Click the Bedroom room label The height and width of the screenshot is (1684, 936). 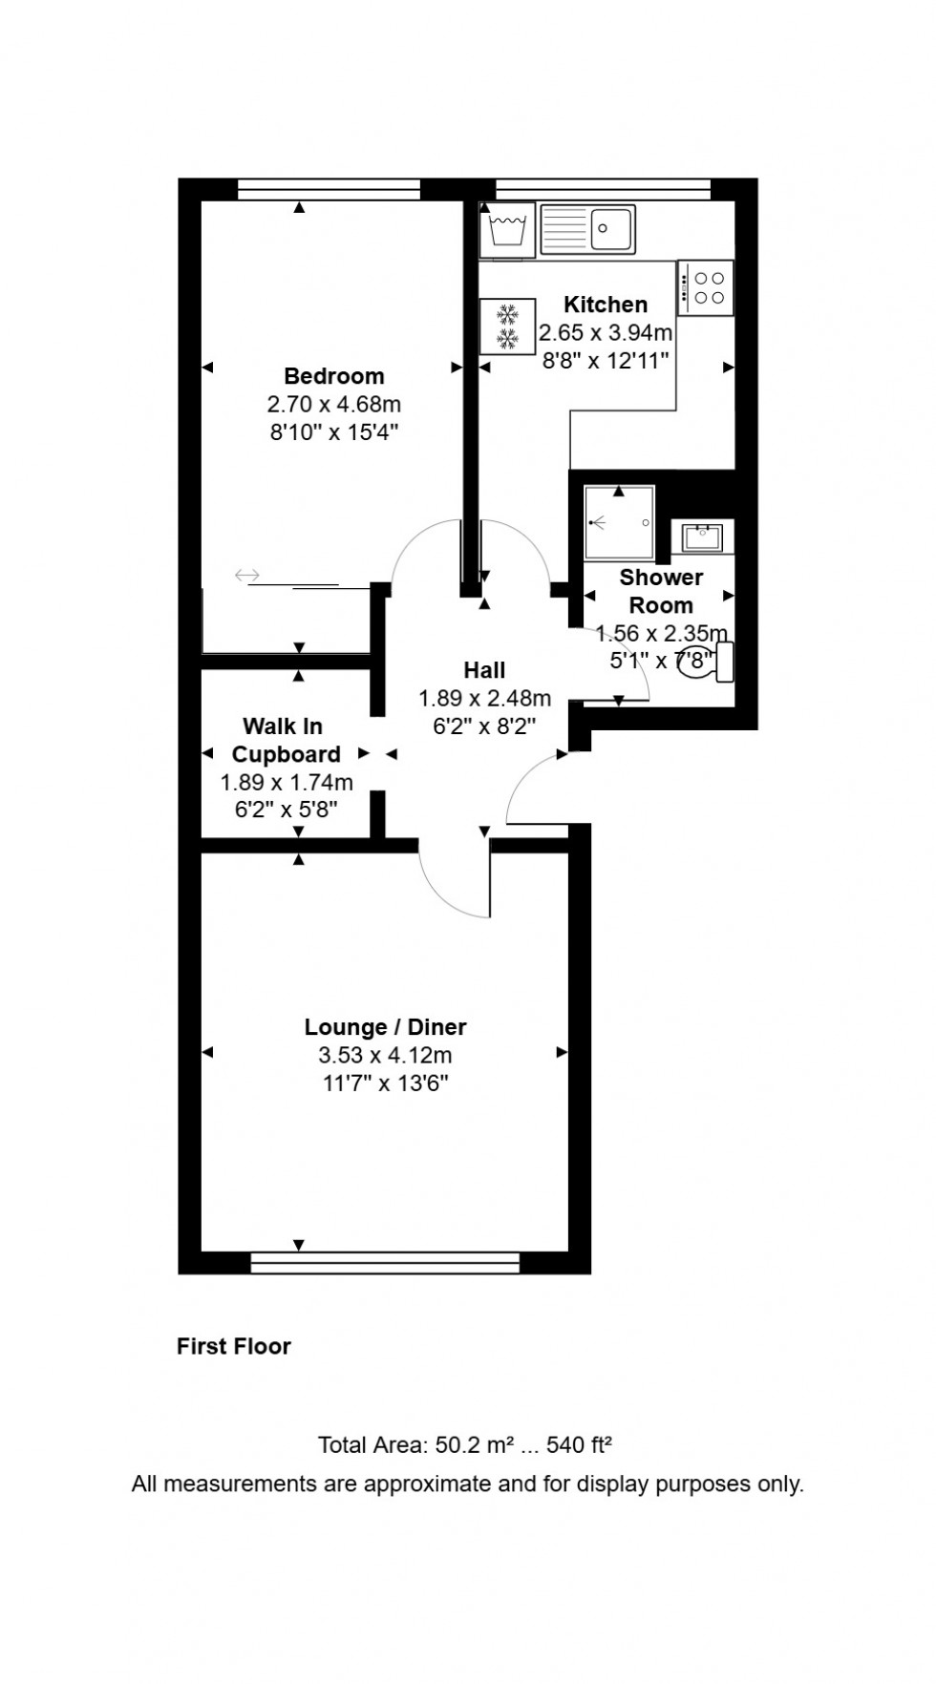pyautogui.click(x=333, y=376)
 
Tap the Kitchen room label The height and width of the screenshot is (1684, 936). pyautogui.click(x=606, y=305)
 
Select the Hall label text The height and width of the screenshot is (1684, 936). pyautogui.click(x=484, y=670)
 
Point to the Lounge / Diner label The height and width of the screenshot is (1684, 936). pyautogui.click(x=385, y=1027)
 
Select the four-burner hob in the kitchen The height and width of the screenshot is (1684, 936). pyautogui.click(x=707, y=287)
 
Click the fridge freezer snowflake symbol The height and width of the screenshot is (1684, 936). pyautogui.click(x=507, y=326)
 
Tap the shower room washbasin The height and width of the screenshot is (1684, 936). pyautogui.click(x=702, y=537)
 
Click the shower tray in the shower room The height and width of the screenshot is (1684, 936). pyautogui.click(x=620, y=522)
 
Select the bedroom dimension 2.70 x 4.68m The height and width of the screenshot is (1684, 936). pyautogui.click(x=333, y=404)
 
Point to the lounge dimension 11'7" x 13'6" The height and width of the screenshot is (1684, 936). pyautogui.click(x=385, y=1084)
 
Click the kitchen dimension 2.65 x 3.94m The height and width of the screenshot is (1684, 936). pyautogui.click(x=606, y=333)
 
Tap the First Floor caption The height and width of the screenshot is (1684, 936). pyautogui.click(x=234, y=1346)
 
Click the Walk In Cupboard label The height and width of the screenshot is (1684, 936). pyautogui.click(x=286, y=741)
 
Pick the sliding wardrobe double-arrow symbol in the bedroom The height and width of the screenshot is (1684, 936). pyautogui.click(x=247, y=575)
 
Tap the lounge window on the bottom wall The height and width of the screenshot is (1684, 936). pyautogui.click(x=385, y=1263)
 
